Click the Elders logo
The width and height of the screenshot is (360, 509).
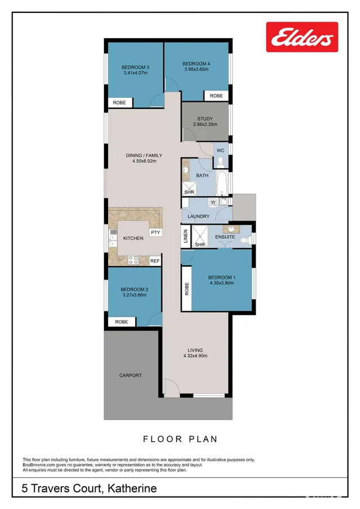point(301,38)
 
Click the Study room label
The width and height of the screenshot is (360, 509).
point(205,119)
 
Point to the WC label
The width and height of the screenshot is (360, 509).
point(220,150)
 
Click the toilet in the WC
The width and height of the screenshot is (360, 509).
point(220,162)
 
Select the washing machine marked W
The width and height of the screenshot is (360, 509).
point(213,202)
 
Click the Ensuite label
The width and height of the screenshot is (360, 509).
point(225,238)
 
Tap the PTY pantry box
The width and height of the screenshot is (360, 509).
point(155,232)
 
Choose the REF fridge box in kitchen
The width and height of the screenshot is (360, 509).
point(155,261)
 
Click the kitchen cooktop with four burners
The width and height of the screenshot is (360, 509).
point(134,260)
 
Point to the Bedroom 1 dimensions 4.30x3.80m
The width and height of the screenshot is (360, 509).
point(222,283)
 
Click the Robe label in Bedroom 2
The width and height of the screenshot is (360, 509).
point(121,322)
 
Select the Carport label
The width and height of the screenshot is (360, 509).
point(130,375)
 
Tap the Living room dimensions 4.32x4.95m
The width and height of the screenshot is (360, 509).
point(195,356)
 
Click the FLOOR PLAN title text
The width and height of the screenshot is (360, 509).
point(180,439)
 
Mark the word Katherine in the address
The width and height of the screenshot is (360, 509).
point(131,488)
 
